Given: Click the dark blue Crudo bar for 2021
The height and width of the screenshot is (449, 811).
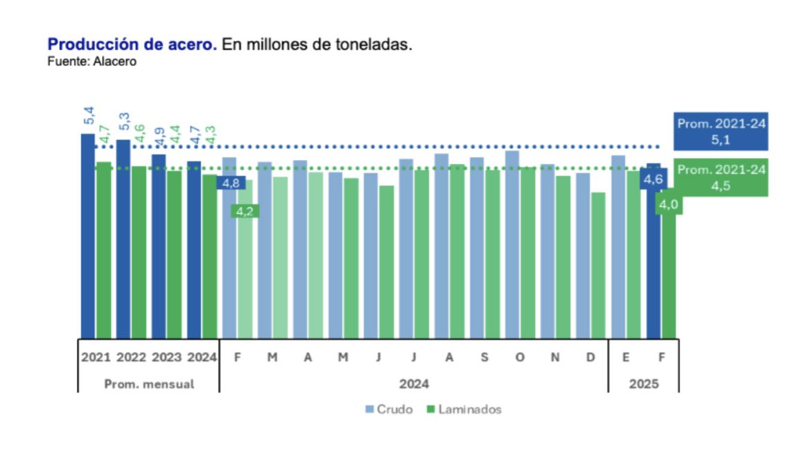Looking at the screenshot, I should point(88,236).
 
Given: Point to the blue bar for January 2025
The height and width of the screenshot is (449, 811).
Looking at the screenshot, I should point(618,246).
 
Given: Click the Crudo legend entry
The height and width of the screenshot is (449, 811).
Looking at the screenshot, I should point(389,410).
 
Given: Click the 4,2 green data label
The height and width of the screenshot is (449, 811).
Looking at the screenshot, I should point(244,211).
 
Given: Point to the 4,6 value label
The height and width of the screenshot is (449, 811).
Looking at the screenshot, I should point(653,179).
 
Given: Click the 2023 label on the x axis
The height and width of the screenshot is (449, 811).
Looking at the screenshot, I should point(167,358).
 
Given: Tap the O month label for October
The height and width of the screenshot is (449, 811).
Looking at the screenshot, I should point(520,358).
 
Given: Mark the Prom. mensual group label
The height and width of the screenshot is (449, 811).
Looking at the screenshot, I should point(149,384).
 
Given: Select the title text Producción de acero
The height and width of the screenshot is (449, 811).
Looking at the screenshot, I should point(132,45).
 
